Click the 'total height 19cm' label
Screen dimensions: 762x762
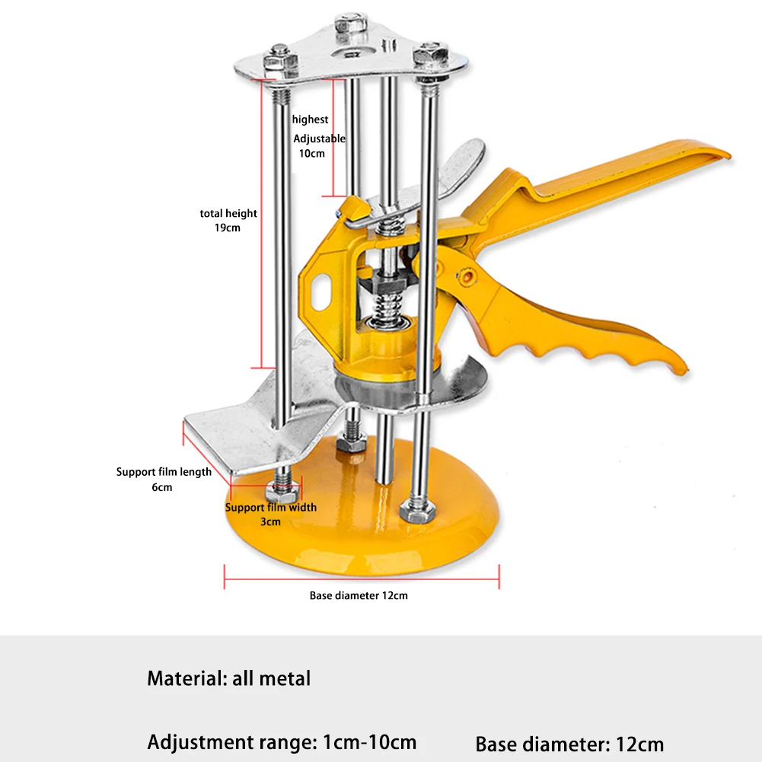coord(228,220)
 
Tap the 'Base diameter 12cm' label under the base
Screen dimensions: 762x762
coord(359,595)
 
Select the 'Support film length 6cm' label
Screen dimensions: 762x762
coord(164,479)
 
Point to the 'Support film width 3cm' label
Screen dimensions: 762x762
coord(271,514)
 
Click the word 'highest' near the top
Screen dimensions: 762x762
coord(310,119)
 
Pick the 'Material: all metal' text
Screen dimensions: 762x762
coord(229,678)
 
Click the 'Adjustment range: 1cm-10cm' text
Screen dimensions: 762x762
coord(282,742)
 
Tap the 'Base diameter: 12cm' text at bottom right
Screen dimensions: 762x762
coord(569,744)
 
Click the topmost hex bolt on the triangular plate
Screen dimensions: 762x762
coord(350,24)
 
